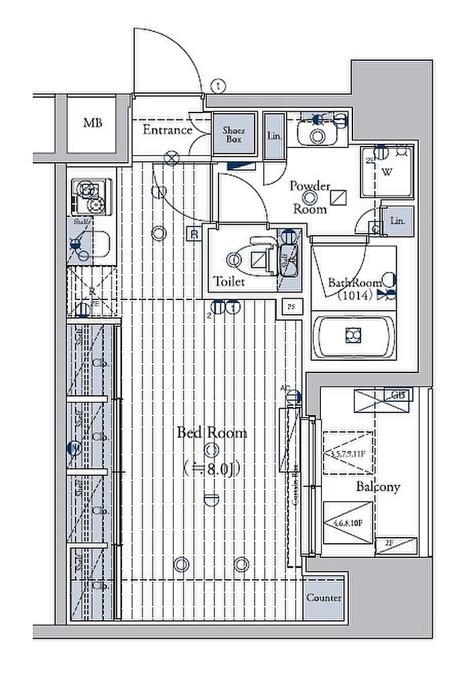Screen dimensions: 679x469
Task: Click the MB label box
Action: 92,124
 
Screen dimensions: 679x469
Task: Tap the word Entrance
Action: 167,130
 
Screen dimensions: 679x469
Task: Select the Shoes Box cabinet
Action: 233,135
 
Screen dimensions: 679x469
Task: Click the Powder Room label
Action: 310,197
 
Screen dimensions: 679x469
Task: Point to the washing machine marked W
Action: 387,171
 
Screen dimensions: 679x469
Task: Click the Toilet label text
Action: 229,282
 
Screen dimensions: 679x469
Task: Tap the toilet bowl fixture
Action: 256,258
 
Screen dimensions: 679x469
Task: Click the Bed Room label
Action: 211,433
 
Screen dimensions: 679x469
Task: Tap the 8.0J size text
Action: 212,468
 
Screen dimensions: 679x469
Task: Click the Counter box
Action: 323,598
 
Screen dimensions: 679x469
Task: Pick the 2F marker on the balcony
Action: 390,543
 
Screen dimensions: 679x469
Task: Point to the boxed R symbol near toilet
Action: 194,234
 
